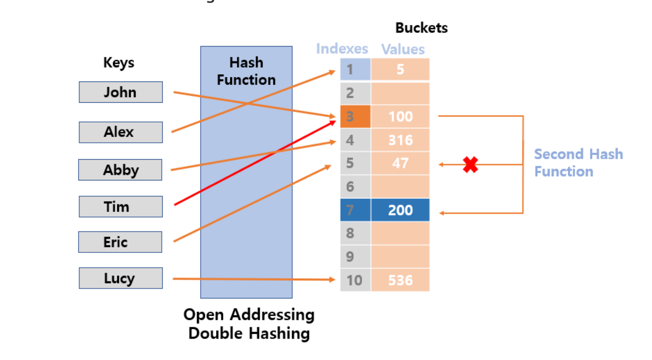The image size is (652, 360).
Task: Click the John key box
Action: (x=121, y=92)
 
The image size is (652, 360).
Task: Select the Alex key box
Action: (x=121, y=132)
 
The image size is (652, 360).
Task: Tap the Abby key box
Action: (x=120, y=170)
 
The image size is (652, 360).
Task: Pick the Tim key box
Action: (x=121, y=207)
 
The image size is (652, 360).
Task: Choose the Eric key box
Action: (x=120, y=242)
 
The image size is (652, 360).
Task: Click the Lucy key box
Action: (x=121, y=278)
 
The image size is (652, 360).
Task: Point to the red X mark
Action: (x=470, y=165)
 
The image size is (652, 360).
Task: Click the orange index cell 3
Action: (x=355, y=117)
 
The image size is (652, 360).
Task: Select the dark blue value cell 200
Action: (x=400, y=210)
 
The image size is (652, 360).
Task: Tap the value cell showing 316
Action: (x=400, y=140)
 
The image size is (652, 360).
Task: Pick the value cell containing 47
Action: (x=400, y=163)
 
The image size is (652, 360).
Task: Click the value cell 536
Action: (x=400, y=280)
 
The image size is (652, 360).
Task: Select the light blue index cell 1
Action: (x=355, y=70)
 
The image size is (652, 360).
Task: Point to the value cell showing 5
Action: (x=400, y=70)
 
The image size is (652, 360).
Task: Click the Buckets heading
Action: (x=421, y=28)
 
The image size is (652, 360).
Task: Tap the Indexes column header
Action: (x=342, y=49)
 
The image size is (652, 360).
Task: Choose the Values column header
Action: (x=403, y=49)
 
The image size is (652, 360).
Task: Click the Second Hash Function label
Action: (x=578, y=163)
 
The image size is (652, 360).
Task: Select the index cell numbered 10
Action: (x=355, y=280)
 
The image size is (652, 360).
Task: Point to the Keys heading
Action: (x=119, y=63)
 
